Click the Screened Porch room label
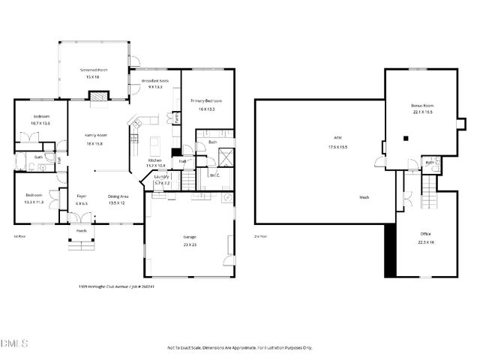[x=94, y=70]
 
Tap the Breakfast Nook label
[x=156, y=80]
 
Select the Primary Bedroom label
[x=206, y=100]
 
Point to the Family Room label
[x=94, y=135]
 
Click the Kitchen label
[x=155, y=160]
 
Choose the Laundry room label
[x=162, y=177]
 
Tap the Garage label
[x=190, y=237]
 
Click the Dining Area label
[x=118, y=196]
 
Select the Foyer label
[x=82, y=196]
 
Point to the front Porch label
[x=81, y=231]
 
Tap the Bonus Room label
[x=422, y=106]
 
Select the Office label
[x=424, y=234]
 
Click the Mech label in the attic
[x=364, y=197]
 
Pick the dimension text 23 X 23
[x=190, y=244]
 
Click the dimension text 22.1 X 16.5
[x=422, y=112]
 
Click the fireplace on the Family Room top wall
[x=97, y=95]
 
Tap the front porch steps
[x=81, y=244]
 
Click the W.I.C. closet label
[x=214, y=175]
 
